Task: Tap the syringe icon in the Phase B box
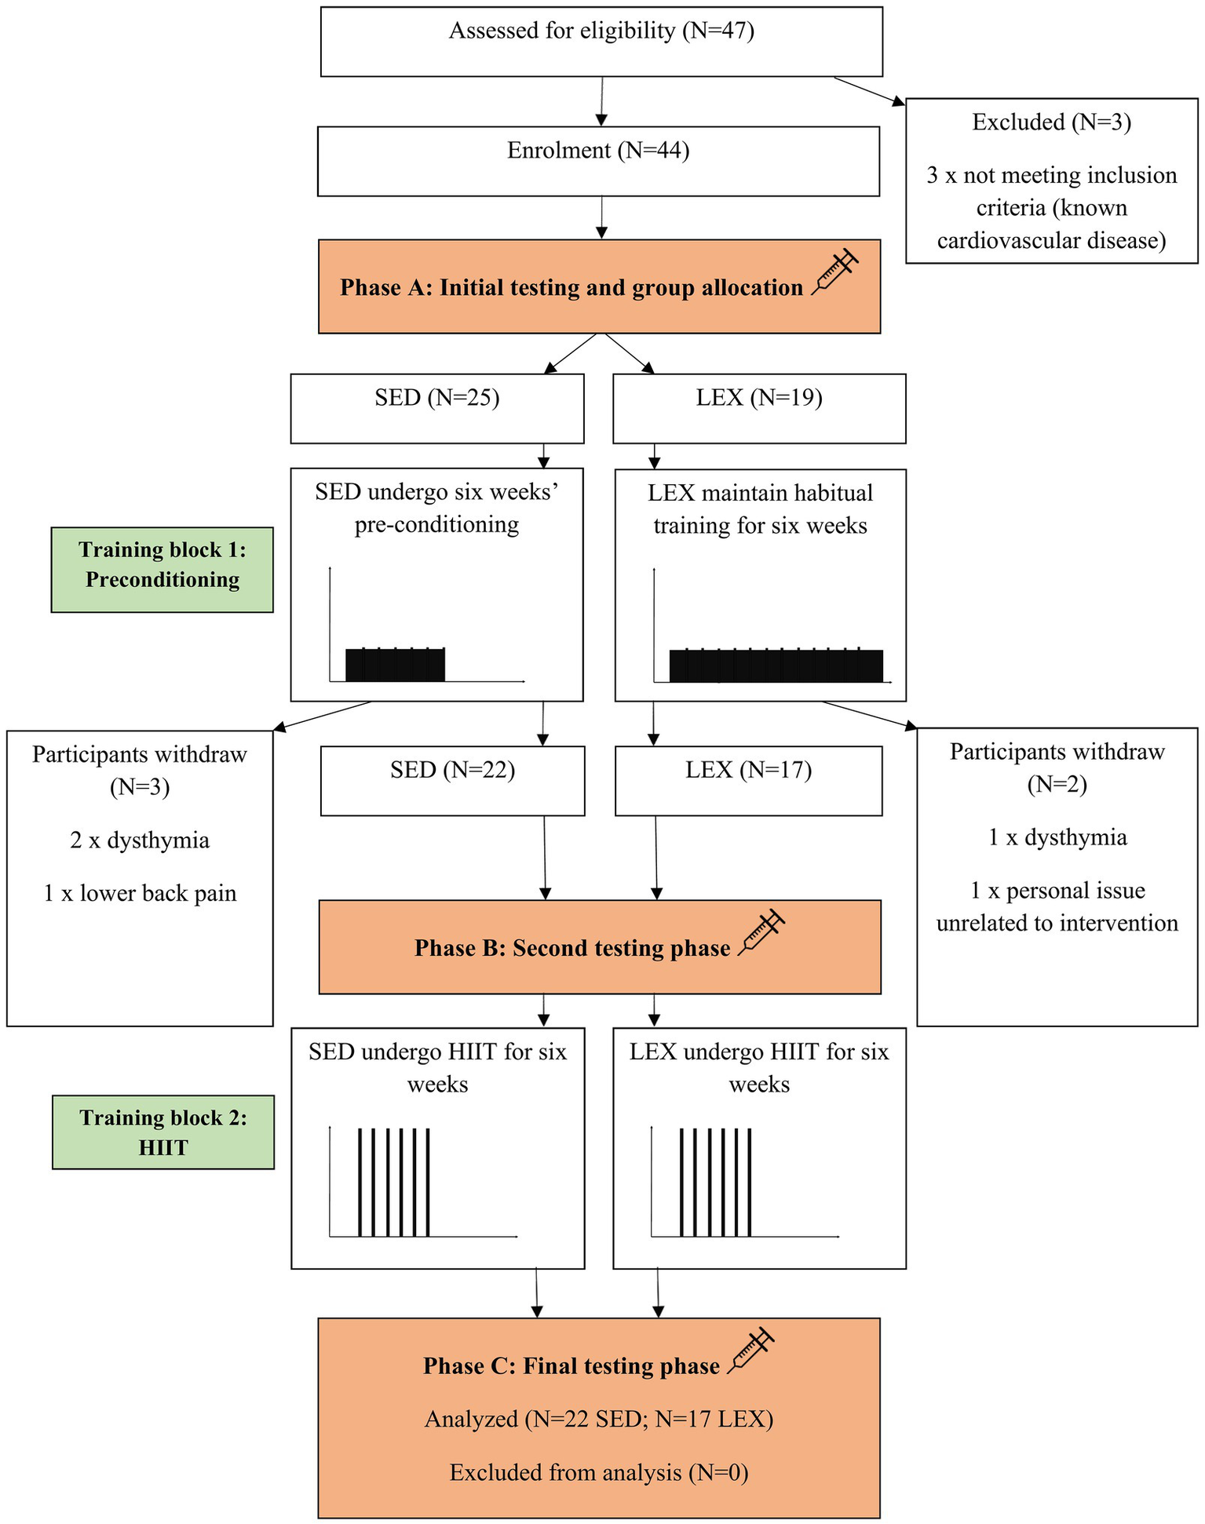(762, 932)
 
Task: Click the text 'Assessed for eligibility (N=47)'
(601, 31)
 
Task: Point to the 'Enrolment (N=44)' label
(598, 151)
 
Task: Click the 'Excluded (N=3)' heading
(1051, 122)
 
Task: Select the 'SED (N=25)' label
(436, 398)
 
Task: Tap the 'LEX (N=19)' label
(758, 398)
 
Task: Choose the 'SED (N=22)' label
(452, 770)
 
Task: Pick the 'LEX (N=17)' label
(748, 770)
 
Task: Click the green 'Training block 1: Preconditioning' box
(162, 569)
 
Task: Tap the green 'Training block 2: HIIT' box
(163, 1132)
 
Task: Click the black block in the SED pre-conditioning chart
(395, 665)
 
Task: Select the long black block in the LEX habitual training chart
(776, 666)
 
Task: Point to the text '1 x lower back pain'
(140, 894)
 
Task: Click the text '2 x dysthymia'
(140, 840)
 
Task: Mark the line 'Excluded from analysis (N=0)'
(598, 1473)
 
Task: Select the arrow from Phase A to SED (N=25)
(571, 353)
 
